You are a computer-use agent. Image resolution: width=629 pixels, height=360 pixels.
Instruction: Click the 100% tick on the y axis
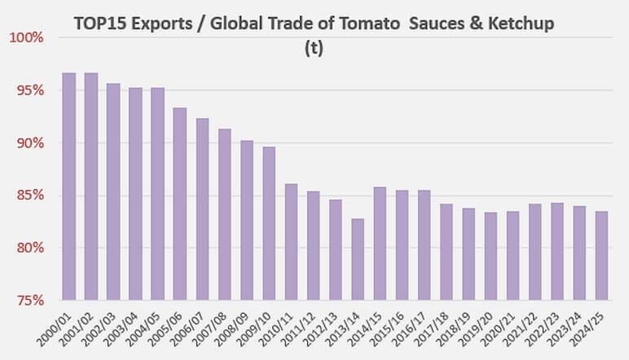tap(27, 38)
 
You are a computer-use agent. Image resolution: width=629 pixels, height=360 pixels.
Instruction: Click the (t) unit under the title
tap(314, 47)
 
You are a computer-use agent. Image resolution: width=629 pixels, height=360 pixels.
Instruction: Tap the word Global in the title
tap(235, 24)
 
